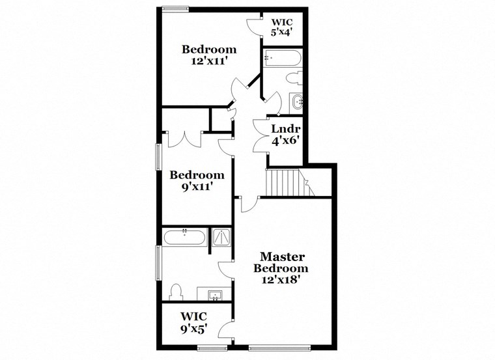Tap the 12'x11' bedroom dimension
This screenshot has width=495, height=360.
(208, 62)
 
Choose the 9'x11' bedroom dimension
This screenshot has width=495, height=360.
(197, 187)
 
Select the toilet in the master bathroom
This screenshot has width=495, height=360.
(175, 290)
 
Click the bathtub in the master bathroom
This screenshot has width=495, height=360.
(184, 236)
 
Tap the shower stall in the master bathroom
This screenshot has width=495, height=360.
(221, 238)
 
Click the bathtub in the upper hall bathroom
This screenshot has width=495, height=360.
(282, 58)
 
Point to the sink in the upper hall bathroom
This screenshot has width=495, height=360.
(298, 102)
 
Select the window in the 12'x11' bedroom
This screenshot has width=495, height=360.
(175, 8)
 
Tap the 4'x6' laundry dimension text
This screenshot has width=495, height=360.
(285, 140)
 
